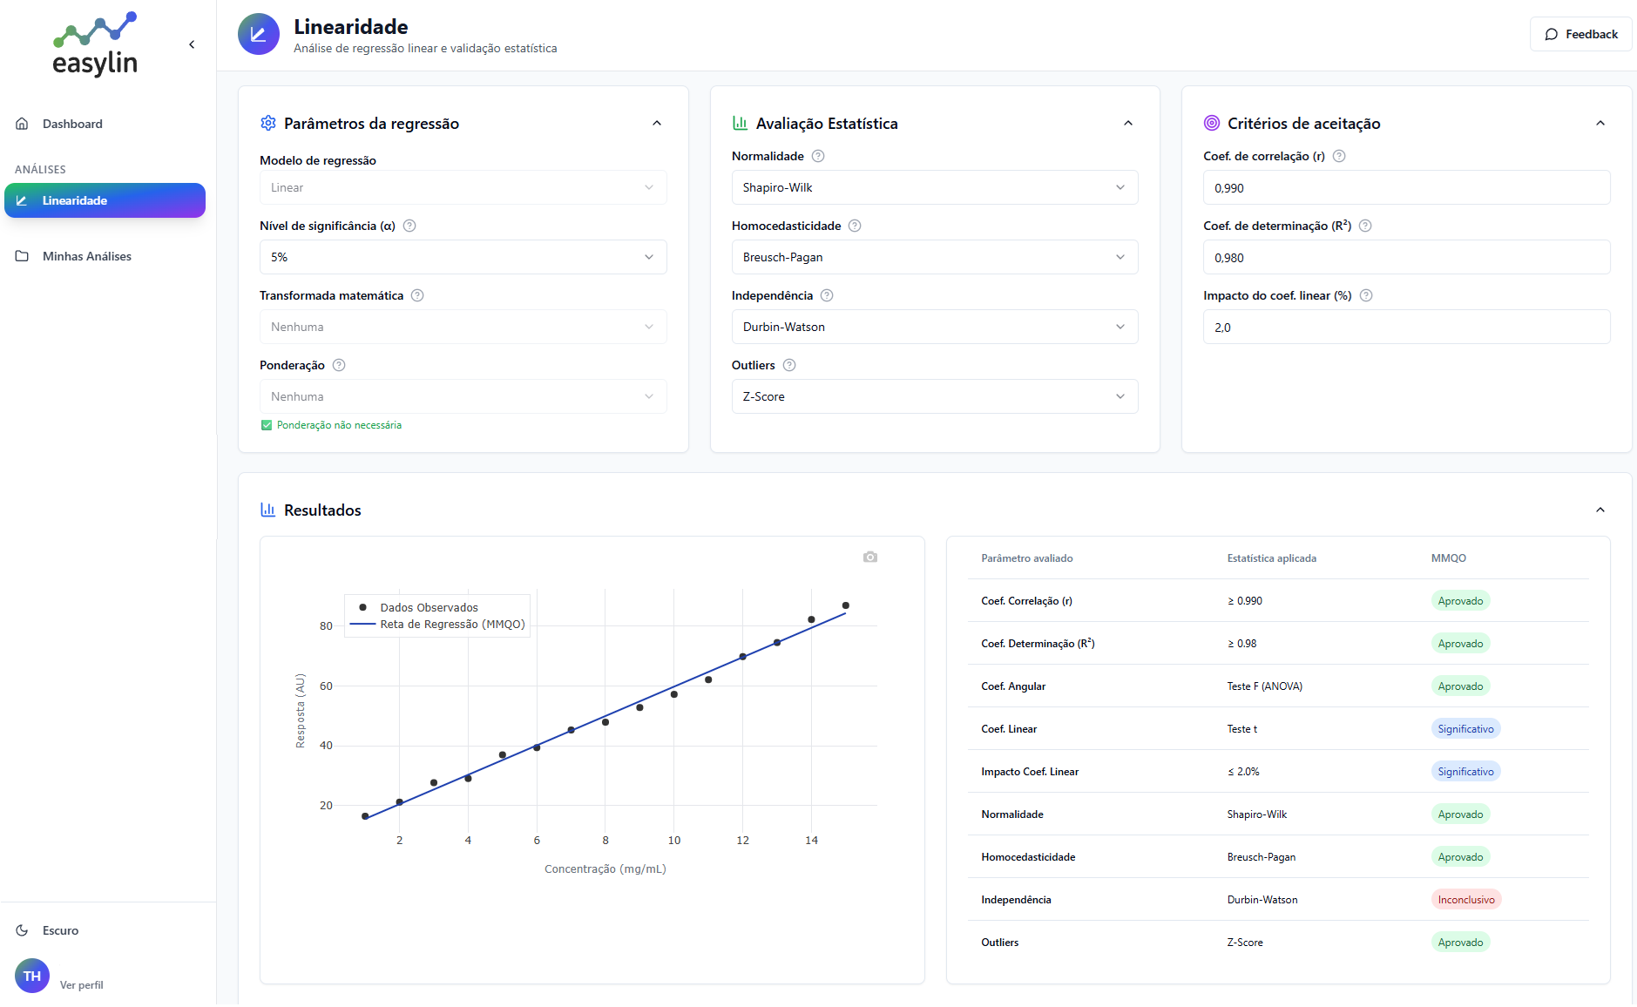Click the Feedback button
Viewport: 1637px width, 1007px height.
coord(1580,34)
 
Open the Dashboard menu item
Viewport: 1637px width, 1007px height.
coord(72,124)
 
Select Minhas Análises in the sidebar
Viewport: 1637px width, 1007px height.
coord(86,256)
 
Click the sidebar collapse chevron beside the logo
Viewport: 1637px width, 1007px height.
coord(192,44)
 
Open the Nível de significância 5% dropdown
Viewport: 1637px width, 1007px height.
coord(463,257)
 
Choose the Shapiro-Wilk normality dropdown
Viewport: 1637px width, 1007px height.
coord(934,187)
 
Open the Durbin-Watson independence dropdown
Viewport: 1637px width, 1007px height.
coord(934,327)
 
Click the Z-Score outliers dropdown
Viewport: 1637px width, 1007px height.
coord(934,396)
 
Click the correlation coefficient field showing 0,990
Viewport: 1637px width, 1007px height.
coord(1405,188)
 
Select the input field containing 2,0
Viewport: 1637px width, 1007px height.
coord(1405,328)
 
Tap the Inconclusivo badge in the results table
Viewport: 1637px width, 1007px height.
coord(1465,900)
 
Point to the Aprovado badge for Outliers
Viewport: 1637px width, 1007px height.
coord(1459,943)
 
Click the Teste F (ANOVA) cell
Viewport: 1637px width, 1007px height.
coord(1264,686)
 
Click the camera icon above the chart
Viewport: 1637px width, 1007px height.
coord(869,557)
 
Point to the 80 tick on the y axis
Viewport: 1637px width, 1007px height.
coord(326,626)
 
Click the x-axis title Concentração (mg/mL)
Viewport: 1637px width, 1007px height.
coord(605,868)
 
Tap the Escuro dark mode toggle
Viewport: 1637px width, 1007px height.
coord(59,930)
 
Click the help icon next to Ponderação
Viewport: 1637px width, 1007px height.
coord(339,365)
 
